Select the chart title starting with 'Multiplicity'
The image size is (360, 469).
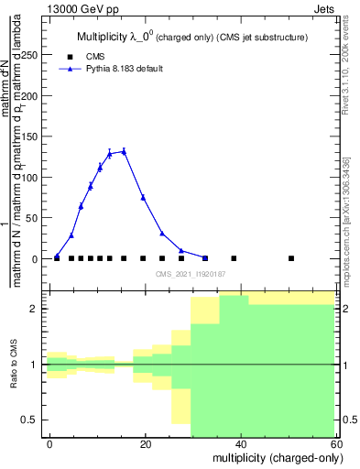192,37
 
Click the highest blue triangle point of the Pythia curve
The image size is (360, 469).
124,151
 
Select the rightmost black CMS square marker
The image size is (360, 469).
291,258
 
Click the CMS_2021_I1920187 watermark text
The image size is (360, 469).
190,274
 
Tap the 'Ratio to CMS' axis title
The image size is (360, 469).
15,364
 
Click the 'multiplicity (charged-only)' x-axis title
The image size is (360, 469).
274,456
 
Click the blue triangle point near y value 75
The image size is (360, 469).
143,197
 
